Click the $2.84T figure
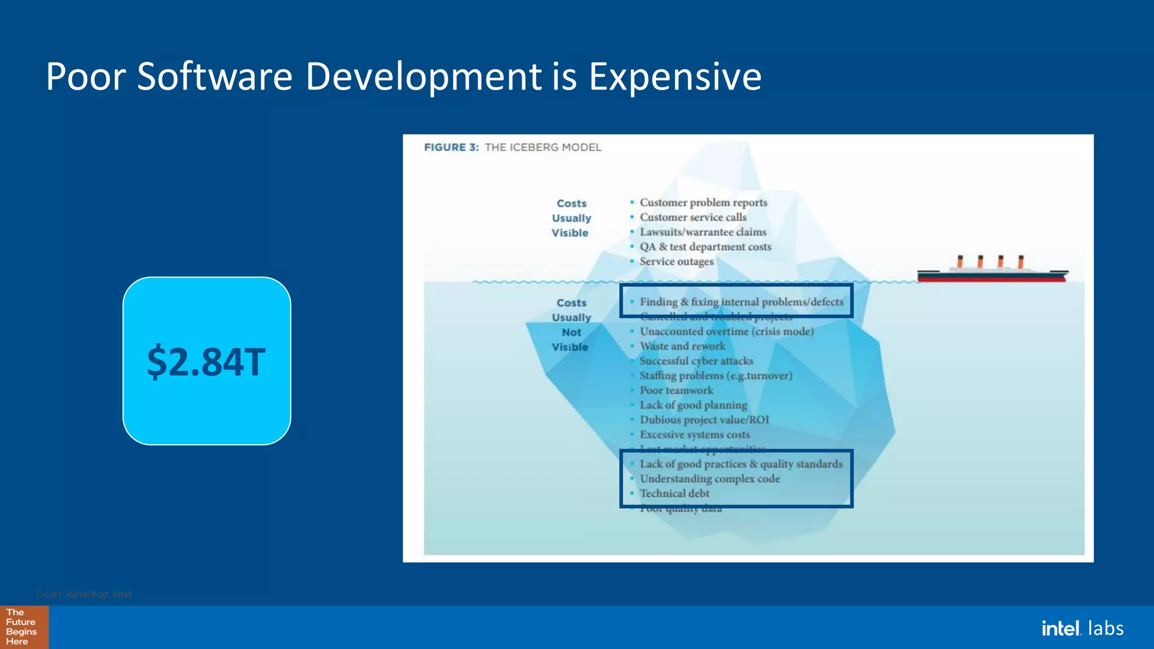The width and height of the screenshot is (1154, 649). tap(206, 362)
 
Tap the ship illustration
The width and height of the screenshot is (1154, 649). tap(992, 270)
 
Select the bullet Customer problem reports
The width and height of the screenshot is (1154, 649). tap(703, 202)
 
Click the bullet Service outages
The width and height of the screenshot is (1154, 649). tap(676, 261)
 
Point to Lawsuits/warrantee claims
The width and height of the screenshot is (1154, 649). tap(703, 232)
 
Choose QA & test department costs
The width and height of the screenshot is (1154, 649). tap(705, 247)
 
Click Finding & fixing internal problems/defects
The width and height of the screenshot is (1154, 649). tap(741, 302)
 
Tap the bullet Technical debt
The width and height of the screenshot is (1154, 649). tap(674, 494)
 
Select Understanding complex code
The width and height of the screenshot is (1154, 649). tap(709, 479)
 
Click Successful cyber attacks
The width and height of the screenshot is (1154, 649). tap(696, 361)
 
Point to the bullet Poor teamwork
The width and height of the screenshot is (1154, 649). tap(676, 390)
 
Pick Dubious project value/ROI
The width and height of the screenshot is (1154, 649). tap(704, 420)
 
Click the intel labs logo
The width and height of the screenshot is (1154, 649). tap(1082, 628)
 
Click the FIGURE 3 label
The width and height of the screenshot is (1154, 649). tap(451, 148)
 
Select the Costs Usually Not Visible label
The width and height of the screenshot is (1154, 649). tap(571, 325)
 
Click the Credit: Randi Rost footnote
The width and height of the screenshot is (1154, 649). tap(83, 594)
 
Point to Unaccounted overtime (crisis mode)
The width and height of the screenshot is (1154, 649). tap(726, 332)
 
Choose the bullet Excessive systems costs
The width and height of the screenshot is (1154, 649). tap(694, 435)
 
